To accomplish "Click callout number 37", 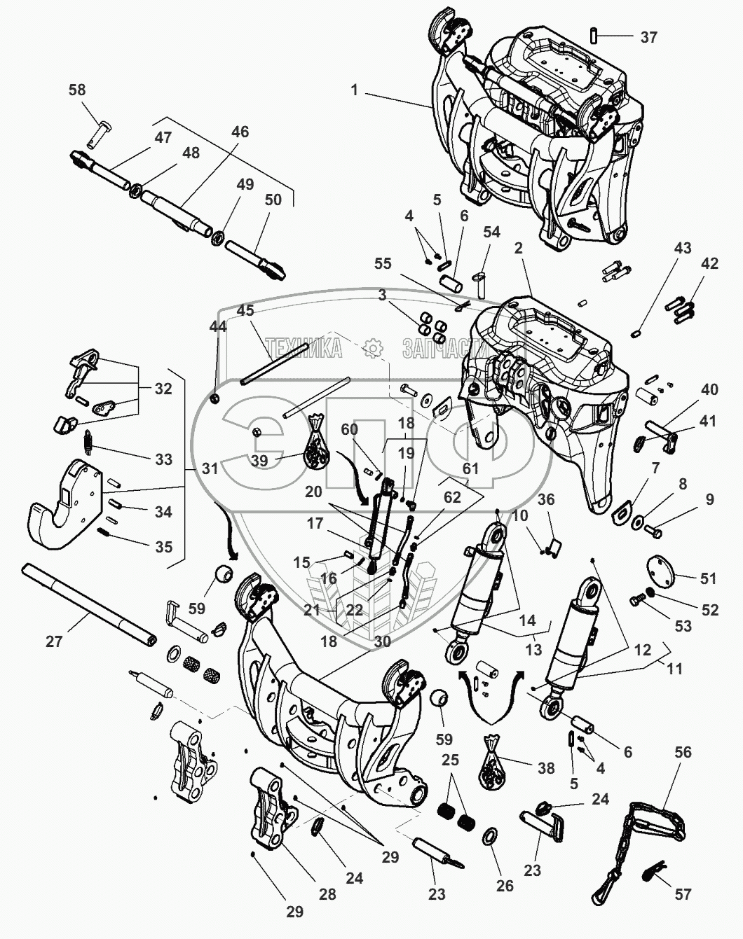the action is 648,36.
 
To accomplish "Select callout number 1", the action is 355,90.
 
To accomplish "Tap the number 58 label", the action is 77,90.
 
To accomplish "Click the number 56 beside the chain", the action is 683,752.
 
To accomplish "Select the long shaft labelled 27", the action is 91,604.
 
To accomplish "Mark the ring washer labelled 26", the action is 491,837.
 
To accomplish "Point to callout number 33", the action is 163,459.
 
